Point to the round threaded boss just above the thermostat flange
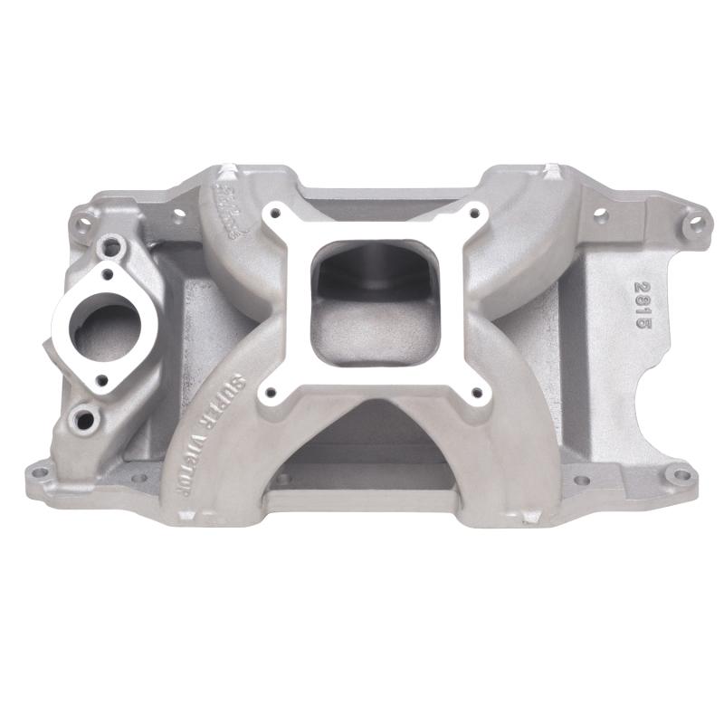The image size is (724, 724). pyautogui.click(x=112, y=243)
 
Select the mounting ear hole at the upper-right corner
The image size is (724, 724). pyautogui.click(x=693, y=220)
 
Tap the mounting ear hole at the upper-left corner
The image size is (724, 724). pyautogui.click(x=82, y=218)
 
